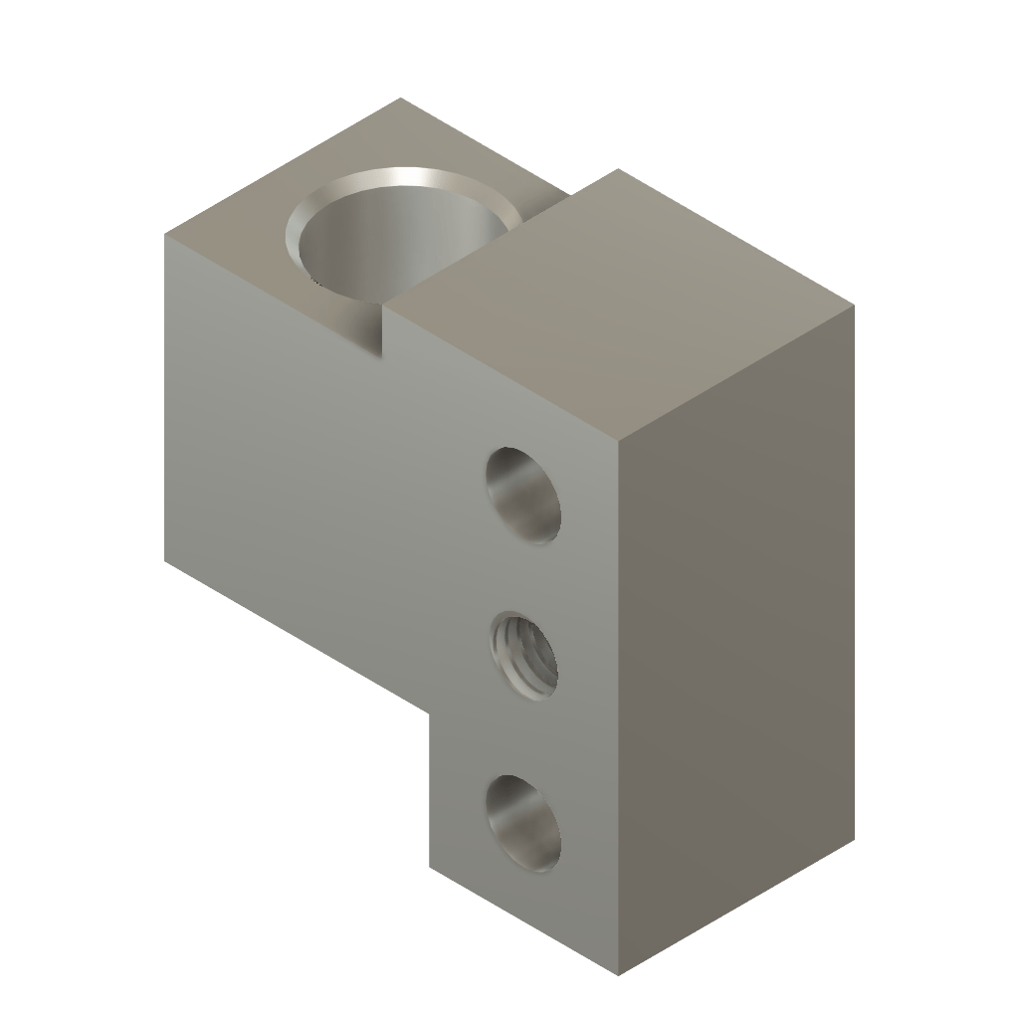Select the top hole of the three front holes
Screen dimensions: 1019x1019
point(523,495)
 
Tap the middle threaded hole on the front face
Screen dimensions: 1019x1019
point(523,656)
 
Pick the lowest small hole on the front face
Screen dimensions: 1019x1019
point(523,823)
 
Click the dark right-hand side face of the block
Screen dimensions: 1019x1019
point(736,637)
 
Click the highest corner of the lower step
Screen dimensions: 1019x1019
point(401,98)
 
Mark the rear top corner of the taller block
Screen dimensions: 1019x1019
point(618,169)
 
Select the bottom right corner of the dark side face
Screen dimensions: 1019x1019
point(855,838)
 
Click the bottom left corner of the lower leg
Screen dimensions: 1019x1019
point(429,866)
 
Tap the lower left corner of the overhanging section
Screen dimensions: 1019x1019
point(165,561)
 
